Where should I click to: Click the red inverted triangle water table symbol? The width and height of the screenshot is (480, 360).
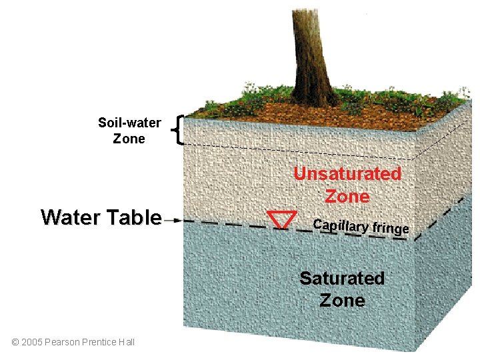click(x=281, y=219)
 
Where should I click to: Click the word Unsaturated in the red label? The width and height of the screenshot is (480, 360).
click(x=347, y=174)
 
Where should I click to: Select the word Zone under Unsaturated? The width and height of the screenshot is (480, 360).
click(x=347, y=197)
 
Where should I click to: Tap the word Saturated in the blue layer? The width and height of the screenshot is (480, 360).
click(x=342, y=278)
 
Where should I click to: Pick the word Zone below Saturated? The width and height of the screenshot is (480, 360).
click(x=342, y=301)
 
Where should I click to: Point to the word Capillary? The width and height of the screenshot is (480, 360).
click(x=341, y=225)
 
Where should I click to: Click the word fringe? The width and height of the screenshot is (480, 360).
click(x=390, y=229)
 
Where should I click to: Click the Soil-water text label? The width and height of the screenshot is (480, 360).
click(x=129, y=123)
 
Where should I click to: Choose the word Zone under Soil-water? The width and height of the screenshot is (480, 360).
click(x=129, y=139)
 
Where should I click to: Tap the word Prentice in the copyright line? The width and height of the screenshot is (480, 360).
click(x=99, y=342)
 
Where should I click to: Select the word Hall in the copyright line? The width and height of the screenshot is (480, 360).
click(x=127, y=342)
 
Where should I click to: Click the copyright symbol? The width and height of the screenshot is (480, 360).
click(x=15, y=342)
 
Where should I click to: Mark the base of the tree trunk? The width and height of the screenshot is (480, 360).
click(x=314, y=100)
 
